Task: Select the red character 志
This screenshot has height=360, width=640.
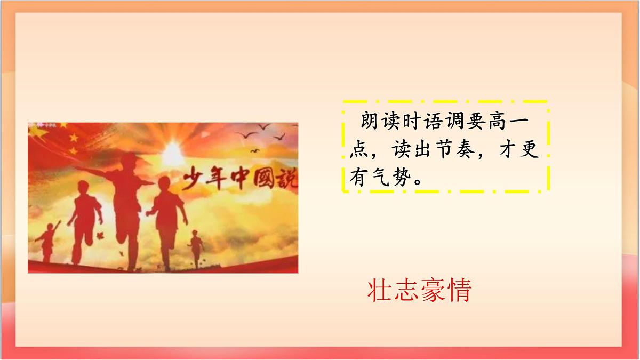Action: pos(406,291)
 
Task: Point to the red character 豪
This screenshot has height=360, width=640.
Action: pos(433,291)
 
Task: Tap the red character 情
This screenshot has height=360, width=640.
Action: pos(459,291)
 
